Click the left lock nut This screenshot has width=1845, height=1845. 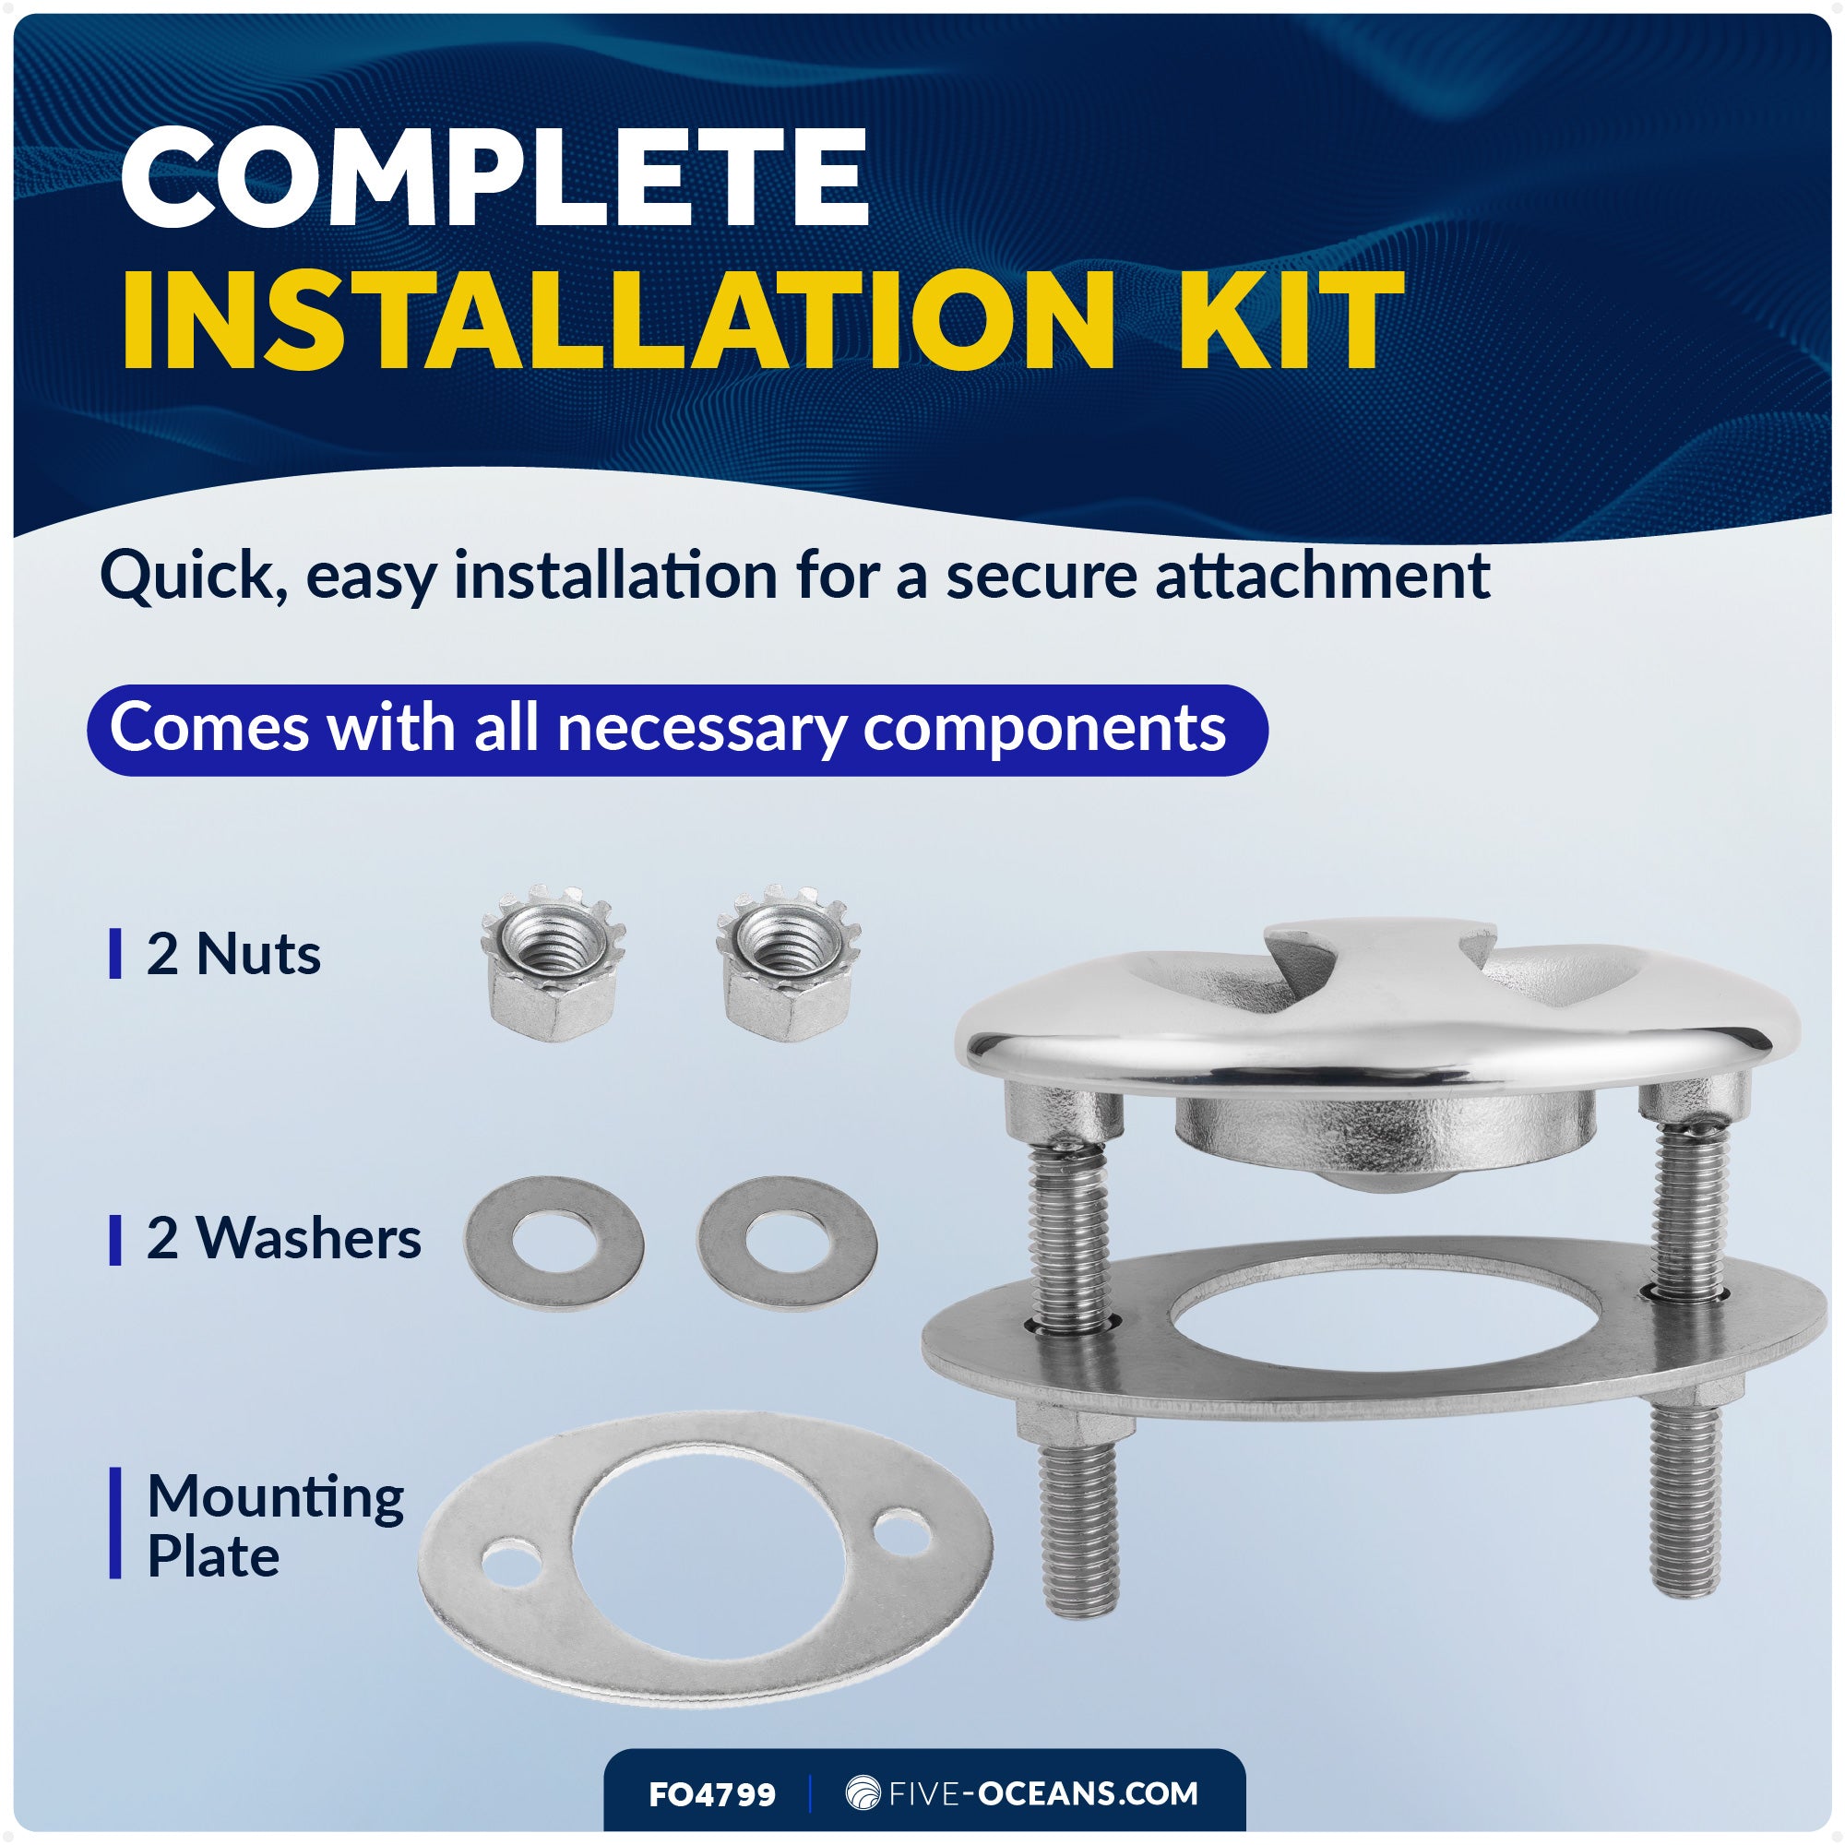click(553, 961)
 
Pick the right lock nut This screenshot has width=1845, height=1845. click(788, 961)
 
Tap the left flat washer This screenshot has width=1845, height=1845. click(553, 1244)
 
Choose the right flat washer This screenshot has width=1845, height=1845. click(787, 1244)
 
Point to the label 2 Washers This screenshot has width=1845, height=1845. click(283, 1238)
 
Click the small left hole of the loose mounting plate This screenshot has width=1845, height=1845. click(510, 1562)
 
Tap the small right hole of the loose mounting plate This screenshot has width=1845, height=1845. click(902, 1530)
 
